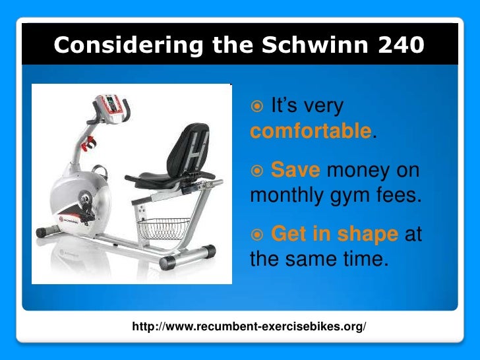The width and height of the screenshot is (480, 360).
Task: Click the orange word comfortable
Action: point(311,130)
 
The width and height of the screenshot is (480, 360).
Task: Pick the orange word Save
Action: point(295,171)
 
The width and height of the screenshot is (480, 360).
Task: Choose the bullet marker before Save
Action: point(258,171)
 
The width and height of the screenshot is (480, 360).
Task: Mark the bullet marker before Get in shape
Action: point(258,234)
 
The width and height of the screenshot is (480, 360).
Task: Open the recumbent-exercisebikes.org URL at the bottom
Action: point(249,327)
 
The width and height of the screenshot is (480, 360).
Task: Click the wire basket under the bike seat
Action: point(163,229)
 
